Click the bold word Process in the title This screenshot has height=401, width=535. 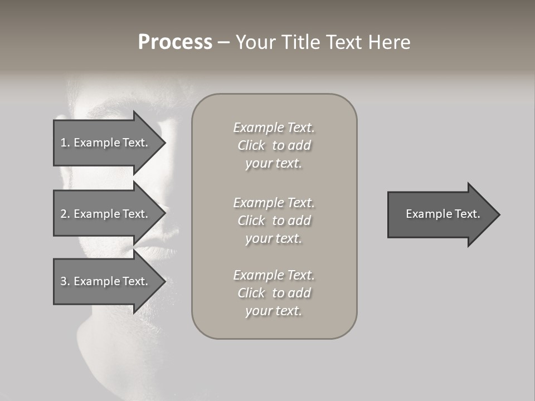coord(175,42)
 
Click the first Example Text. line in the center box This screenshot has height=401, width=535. coord(274,128)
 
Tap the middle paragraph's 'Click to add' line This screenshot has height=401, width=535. coord(274,221)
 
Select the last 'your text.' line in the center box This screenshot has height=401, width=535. coord(274,311)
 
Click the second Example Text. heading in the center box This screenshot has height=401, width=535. coord(274,203)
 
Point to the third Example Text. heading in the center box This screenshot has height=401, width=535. coord(274,275)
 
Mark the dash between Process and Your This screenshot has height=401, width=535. coord(223,43)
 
